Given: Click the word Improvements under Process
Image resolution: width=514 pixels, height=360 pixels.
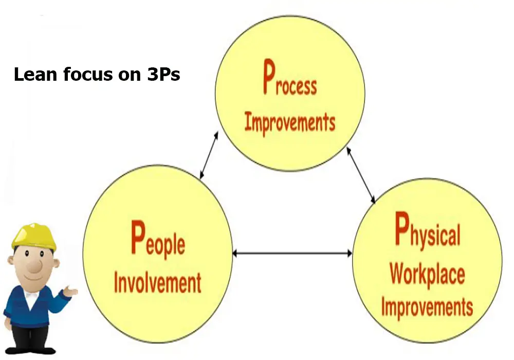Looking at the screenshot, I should tap(289, 122).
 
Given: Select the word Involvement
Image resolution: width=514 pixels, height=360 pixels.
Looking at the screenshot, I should tap(157, 282).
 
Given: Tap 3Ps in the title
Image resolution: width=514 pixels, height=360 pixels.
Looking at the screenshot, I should tap(159, 75).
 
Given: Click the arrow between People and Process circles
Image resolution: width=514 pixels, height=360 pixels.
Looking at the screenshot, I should tap(209, 155).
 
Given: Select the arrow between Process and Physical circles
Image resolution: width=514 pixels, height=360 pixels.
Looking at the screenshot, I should tap(361, 175).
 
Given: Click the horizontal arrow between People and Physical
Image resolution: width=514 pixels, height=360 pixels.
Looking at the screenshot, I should tap(292, 253).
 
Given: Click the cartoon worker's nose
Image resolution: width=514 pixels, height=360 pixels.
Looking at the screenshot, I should tap(34, 266).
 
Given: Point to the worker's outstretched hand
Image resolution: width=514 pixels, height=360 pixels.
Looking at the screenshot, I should tap(71, 293).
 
